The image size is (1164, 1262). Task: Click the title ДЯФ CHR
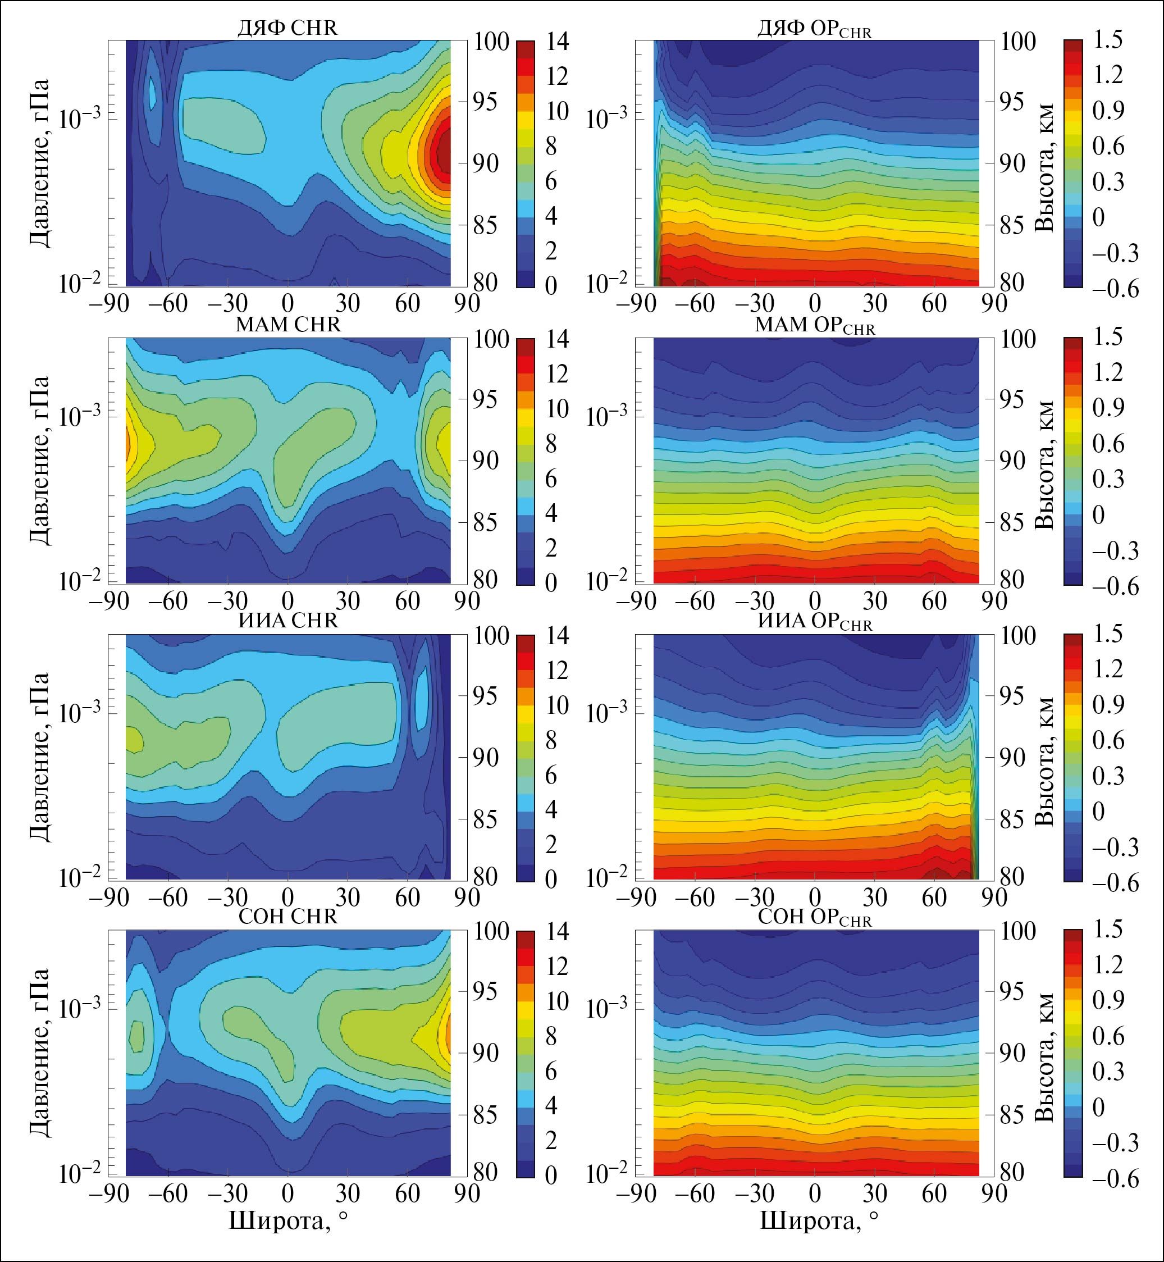[x=287, y=28]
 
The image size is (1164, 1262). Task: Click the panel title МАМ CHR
[x=288, y=325]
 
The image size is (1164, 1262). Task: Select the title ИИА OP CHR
[x=814, y=621]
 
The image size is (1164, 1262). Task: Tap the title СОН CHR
[x=288, y=917]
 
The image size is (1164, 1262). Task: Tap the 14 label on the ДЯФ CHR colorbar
[x=558, y=42]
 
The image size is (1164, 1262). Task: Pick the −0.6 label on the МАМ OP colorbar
[x=1116, y=586]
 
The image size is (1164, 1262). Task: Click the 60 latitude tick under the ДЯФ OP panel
[x=934, y=304]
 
